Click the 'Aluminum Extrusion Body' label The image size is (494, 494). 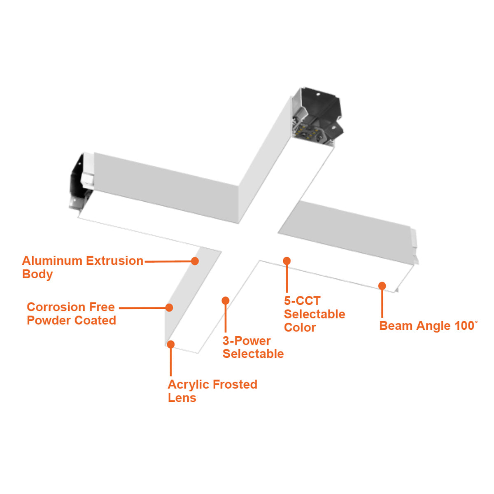tap(83, 267)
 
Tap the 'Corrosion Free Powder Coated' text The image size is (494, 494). tap(71, 314)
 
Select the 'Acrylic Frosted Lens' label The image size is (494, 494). tap(212, 391)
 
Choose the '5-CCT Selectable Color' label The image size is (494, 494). tap(315, 314)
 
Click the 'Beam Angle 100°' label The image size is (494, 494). tap(429, 326)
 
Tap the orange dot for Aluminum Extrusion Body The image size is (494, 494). tap(195, 261)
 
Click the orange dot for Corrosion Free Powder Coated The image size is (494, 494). tap(169, 308)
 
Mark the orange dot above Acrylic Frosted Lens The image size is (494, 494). tap(171, 344)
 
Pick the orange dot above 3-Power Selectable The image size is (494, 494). tap(225, 301)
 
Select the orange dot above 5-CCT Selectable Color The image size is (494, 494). tap(287, 261)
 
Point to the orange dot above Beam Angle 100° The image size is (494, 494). tap(382, 286)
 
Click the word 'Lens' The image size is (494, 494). tap(182, 398)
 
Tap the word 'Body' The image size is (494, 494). tap(37, 274)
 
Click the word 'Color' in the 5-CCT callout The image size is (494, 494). tap(300, 327)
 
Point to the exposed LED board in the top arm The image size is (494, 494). tap(308, 133)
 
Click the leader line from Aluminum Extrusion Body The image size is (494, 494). tap(168, 261)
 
